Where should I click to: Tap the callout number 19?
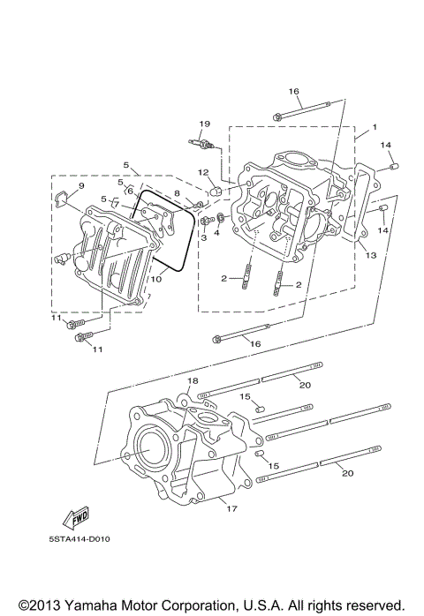[x=204, y=124]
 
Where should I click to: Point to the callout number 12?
[x=202, y=172]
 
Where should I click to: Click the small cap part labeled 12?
[x=215, y=190]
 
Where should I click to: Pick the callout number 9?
[x=80, y=186]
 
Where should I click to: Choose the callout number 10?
[x=155, y=279]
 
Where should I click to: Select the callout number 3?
[x=202, y=237]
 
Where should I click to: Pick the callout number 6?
[x=129, y=191]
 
